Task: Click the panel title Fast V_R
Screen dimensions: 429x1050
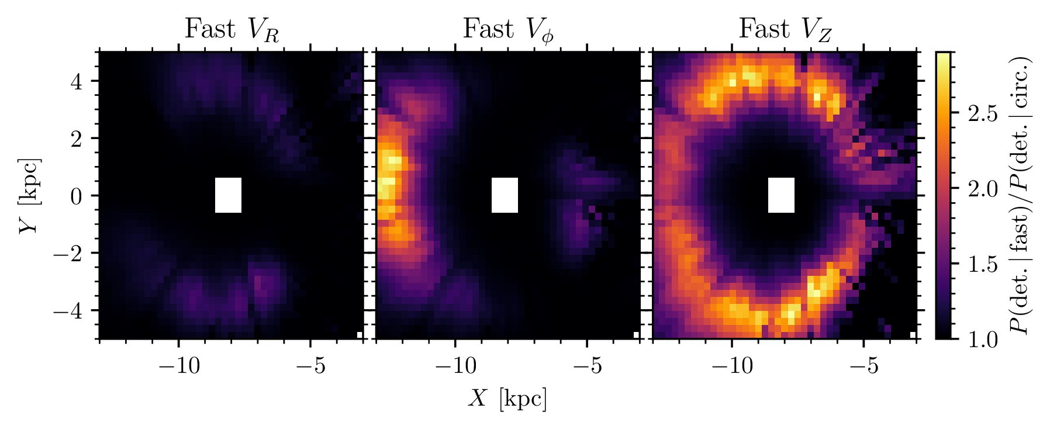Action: [232, 29]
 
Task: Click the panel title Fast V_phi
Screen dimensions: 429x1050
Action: [508, 29]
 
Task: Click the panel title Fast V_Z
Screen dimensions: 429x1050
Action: [785, 29]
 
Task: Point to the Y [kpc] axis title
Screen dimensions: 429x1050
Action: [29, 195]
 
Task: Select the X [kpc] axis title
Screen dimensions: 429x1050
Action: [507, 399]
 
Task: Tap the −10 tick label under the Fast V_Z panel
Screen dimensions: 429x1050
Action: [731, 366]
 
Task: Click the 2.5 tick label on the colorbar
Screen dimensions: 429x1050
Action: [983, 114]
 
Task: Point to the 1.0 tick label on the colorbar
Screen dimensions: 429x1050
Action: [983, 340]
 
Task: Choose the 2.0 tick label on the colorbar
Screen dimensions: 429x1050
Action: [983, 189]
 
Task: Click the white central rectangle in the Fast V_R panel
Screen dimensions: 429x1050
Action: [228, 195]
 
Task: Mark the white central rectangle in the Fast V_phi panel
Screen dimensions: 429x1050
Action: [505, 195]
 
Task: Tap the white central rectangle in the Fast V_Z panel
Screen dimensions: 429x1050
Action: [781, 195]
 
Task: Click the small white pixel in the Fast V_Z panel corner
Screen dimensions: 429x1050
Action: [913, 335]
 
